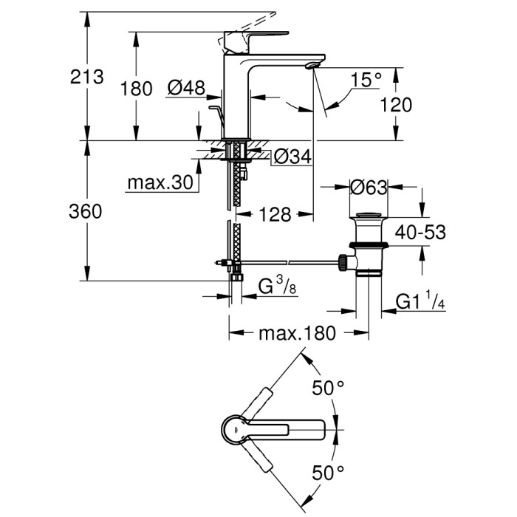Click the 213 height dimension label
pos(86,76)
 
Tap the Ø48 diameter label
pos(185,89)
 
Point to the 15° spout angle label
pos(366,80)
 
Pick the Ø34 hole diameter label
pos(292,157)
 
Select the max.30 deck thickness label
pos(159,182)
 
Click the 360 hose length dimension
pos(86,211)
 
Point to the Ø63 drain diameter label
pos(369,188)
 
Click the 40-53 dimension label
pos(420,233)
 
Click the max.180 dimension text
pos(297,333)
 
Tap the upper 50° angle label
pos(329,388)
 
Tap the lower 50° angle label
pos(329,471)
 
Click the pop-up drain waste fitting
pos(366,247)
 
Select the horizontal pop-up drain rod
pos(288,261)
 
